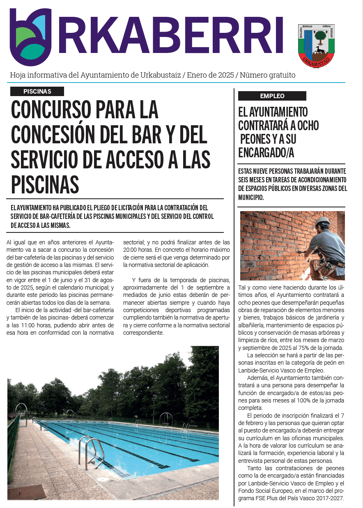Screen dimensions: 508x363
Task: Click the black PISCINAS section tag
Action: (x=37, y=91)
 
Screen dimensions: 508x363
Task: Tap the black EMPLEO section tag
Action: (x=272, y=96)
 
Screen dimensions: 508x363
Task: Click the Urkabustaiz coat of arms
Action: (x=316, y=46)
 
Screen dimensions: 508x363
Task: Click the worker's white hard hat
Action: (x=323, y=221)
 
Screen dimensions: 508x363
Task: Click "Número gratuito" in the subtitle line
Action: (x=267, y=75)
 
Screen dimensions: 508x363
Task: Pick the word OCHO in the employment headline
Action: (x=308, y=125)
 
